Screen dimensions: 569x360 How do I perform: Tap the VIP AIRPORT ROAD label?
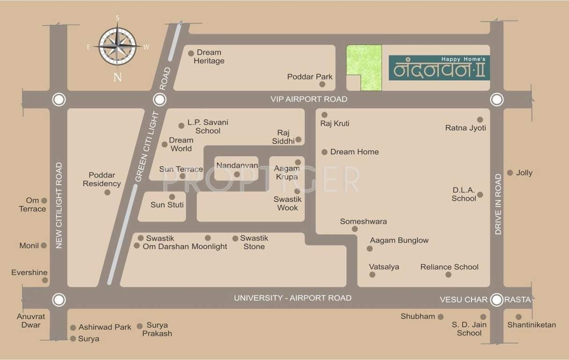309,99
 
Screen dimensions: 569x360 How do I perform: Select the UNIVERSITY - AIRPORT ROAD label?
292,298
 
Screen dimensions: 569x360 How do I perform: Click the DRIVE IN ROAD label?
498,204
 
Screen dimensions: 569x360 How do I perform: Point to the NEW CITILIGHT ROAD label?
59,205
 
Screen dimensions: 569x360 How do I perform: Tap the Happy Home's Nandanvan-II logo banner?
439,68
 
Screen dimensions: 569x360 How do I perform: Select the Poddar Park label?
310,77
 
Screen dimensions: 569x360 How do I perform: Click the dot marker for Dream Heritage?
191,53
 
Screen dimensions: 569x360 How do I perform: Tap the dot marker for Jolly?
510,172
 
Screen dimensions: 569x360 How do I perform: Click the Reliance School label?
449,267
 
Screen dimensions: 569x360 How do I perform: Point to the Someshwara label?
363,222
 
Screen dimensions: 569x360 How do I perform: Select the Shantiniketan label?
532,325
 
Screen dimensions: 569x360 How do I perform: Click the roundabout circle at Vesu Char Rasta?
496,299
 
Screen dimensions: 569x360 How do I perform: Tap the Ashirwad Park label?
105,327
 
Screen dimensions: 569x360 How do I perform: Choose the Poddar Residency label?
102,180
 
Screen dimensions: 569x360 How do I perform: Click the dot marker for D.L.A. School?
480,195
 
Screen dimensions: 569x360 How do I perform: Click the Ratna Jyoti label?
465,128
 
